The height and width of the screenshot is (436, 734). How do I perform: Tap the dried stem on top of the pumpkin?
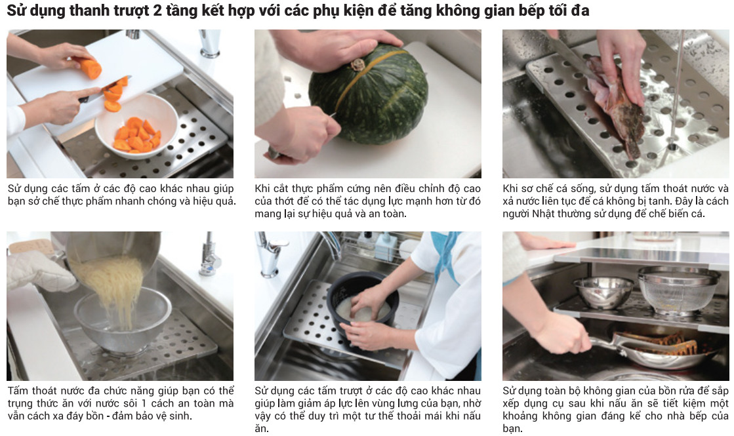358,64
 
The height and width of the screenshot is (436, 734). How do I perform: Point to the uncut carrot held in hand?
89,68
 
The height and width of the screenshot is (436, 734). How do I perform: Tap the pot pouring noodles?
112,252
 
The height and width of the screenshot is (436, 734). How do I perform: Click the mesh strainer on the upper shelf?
678,290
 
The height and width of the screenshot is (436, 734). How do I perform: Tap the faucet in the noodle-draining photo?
209,255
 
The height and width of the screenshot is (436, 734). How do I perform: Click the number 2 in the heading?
157,10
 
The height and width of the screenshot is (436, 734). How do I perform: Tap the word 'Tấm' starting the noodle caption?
17,391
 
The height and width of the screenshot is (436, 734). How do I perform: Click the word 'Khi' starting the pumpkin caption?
262,189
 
